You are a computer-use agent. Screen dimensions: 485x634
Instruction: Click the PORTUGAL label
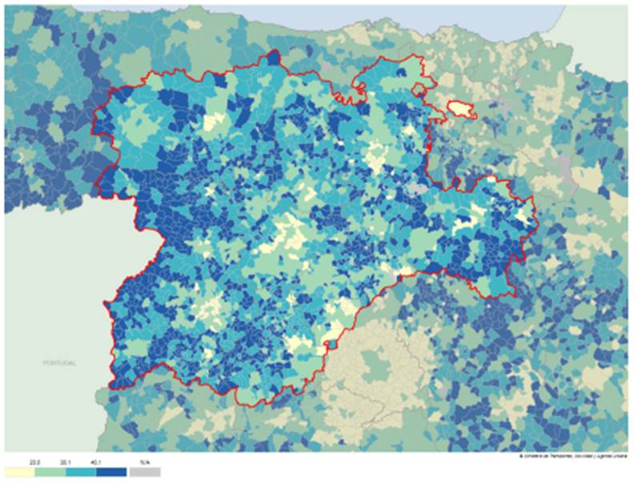click(x=60, y=363)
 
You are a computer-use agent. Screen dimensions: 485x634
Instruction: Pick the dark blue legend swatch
click(x=113, y=473)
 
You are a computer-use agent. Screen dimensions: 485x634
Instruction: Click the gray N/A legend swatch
click(x=145, y=473)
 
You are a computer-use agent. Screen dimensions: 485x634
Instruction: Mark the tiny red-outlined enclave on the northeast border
click(x=417, y=90)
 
